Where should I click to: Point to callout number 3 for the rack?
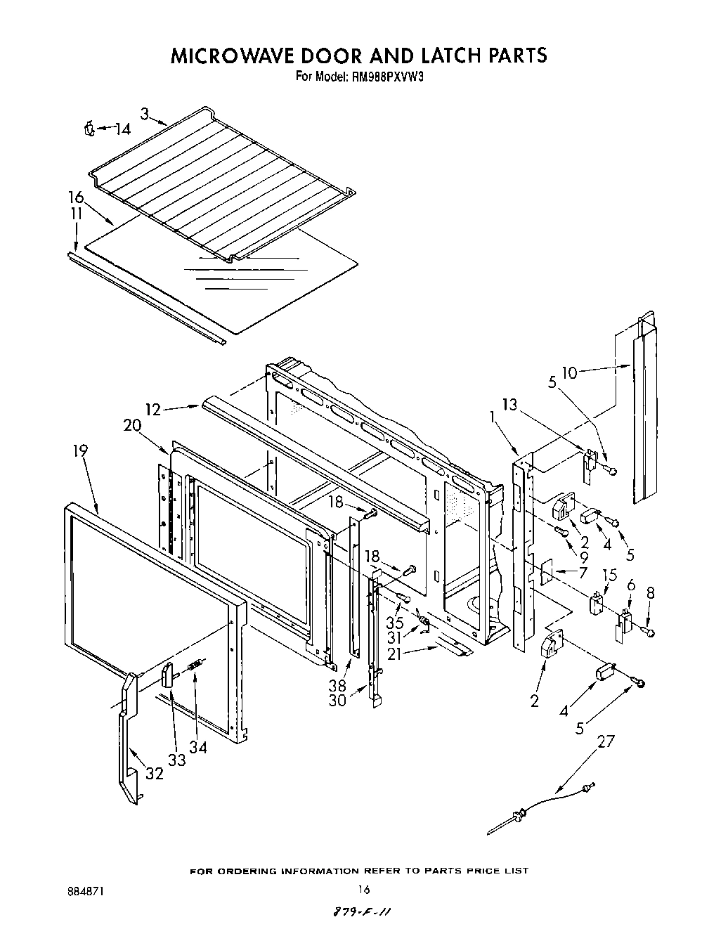143,113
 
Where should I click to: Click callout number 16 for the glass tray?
75,197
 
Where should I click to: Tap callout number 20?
132,425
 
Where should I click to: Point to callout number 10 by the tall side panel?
568,372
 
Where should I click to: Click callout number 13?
509,403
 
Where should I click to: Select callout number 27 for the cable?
606,742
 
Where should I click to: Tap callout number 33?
176,760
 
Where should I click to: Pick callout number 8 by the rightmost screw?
650,593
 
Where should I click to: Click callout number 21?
396,653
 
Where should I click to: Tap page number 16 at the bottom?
363,889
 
